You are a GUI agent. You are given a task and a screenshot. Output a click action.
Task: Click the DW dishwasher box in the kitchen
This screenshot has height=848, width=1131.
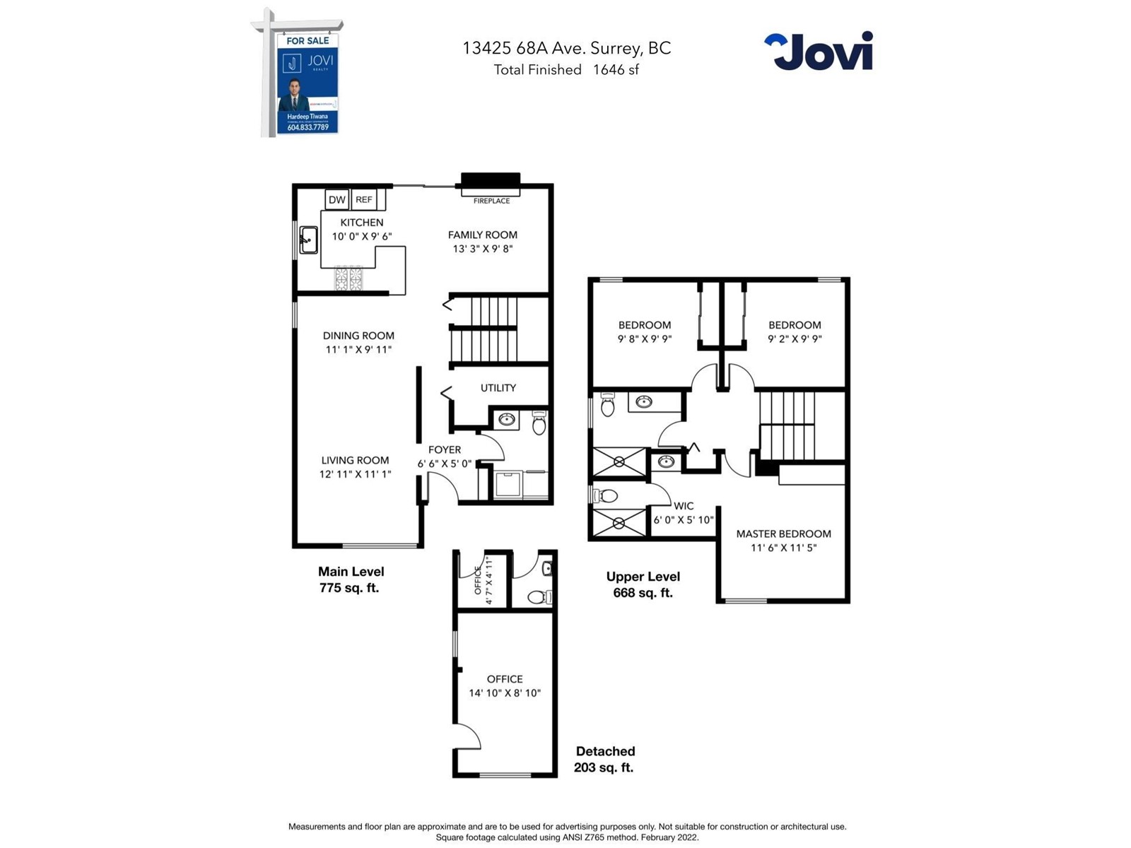click(x=337, y=200)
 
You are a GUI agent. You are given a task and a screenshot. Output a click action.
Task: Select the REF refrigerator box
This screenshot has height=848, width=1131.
click(x=364, y=200)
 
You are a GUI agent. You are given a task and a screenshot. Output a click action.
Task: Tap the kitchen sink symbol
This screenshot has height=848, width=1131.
click(x=308, y=240)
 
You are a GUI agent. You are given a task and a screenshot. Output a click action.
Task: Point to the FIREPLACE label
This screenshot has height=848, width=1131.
click(x=491, y=201)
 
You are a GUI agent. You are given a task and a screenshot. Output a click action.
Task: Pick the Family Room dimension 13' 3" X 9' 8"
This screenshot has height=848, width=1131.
click(x=483, y=249)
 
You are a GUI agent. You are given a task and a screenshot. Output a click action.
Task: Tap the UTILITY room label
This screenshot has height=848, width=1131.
click(x=498, y=388)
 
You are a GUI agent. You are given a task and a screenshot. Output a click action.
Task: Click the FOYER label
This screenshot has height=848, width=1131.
click(x=445, y=449)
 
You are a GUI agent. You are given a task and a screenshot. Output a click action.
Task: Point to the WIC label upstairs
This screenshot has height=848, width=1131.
click(x=684, y=506)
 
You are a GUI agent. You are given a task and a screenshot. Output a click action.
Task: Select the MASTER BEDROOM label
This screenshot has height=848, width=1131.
click(x=783, y=534)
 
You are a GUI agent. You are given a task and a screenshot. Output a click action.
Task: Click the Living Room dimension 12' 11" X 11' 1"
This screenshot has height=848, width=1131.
click(x=355, y=474)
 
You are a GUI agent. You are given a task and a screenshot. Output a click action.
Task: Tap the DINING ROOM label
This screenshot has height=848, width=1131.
click(x=358, y=336)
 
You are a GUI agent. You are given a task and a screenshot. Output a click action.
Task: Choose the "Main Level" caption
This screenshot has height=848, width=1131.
click(x=351, y=572)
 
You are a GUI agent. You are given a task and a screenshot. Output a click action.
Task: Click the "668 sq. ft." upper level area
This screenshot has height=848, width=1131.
click(x=643, y=593)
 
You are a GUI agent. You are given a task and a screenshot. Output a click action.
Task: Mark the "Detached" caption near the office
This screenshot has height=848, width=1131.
click(x=605, y=751)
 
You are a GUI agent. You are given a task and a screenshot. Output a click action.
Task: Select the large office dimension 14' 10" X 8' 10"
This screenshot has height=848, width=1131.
click(x=505, y=693)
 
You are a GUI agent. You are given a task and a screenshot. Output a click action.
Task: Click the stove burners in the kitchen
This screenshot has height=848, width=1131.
click(x=348, y=278)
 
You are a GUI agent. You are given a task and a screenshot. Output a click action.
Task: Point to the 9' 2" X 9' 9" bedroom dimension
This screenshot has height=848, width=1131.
click(x=795, y=339)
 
